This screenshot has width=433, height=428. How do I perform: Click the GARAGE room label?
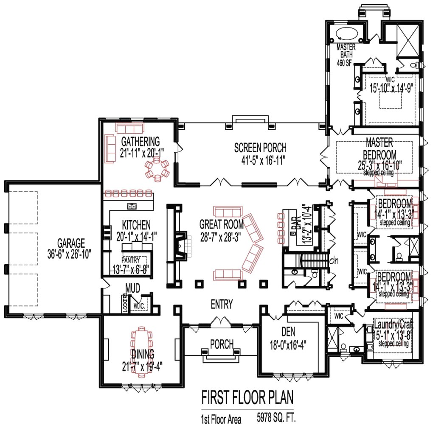71,243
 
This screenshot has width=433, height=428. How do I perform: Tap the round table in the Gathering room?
157,170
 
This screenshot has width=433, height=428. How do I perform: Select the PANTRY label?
130,260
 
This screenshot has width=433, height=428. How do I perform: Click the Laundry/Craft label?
393,325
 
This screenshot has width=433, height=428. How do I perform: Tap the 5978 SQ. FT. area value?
276,418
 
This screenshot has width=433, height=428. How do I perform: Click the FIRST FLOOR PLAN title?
247,399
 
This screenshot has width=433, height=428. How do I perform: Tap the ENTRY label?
221,304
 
